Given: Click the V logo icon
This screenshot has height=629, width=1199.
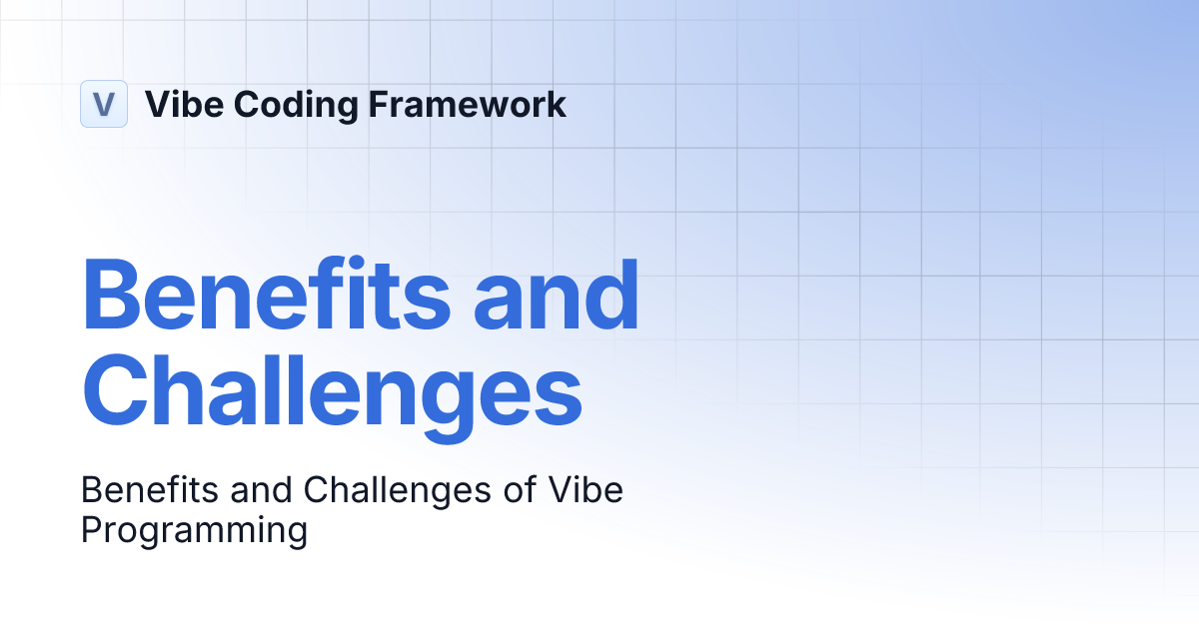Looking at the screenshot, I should (x=104, y=104).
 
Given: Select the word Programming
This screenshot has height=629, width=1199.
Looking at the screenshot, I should (x=194, y=530).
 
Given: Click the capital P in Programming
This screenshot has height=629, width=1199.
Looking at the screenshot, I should (x=91, y=530).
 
